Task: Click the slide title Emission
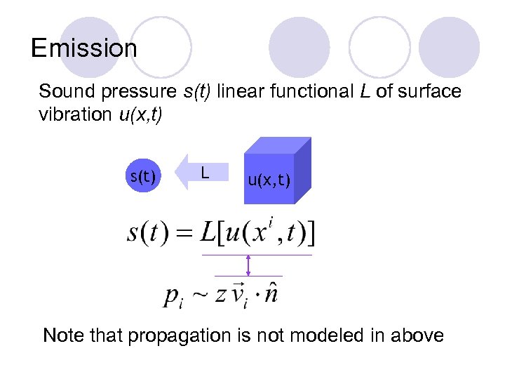click(84, 48)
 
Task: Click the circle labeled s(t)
click(143, 175)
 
